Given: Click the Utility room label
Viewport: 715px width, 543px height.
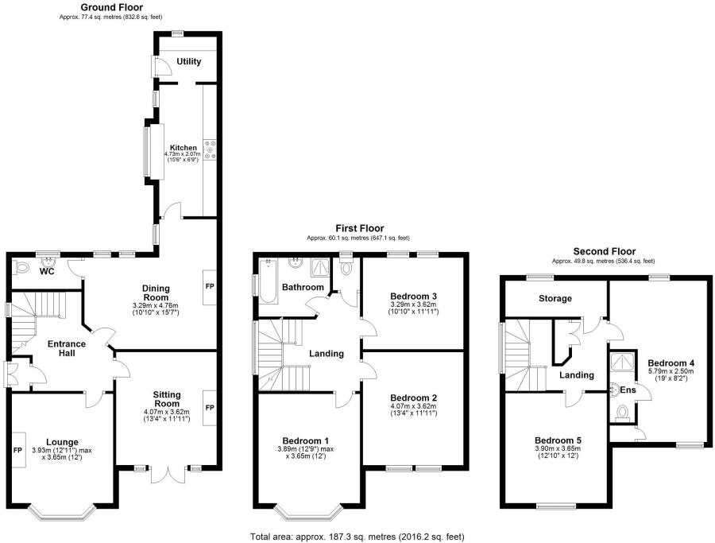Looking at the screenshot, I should pyautogui.click(x=189, y=61).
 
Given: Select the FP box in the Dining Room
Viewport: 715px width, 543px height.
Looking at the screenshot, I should pyautogui.click(x=210, y=285).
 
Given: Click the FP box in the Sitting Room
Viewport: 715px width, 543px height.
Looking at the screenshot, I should pyautogui.click(x=210, y=407).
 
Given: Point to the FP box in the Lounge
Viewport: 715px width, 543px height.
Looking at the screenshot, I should pyautogui.click(x=17, y=449).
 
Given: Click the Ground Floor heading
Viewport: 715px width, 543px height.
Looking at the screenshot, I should pyautogui.click(x=112, y=7).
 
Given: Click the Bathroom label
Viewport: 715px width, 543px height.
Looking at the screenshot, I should pyautogui.click(x=304, y=287).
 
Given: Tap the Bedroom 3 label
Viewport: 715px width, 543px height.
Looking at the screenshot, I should pyautogui.click(x=413, y=296).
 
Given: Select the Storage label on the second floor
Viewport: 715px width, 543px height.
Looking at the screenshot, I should pyautogui.click(x=555, y=298).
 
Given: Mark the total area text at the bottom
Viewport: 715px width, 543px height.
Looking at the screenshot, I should pyautogui.click(x=357, y=537).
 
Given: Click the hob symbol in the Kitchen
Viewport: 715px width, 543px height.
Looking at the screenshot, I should pyautogui.click(x=211, y=149).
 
